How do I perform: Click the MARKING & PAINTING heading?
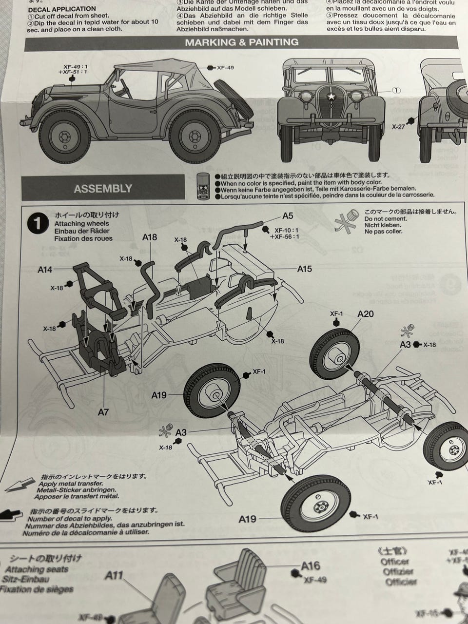(241, 42)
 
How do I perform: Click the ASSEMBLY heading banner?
(103, 189)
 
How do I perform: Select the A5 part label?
(288, 216)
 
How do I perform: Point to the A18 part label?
(150, 237)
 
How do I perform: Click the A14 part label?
(45, 269)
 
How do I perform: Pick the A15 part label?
(305, 269)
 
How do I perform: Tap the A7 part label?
(103, 412)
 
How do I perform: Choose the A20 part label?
(365, 314)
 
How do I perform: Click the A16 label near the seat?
(311, 565)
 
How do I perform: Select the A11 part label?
(114, 576)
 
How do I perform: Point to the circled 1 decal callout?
(396, 90)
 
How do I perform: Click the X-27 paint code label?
(399, 126)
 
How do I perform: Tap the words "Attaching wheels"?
(82, 223)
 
